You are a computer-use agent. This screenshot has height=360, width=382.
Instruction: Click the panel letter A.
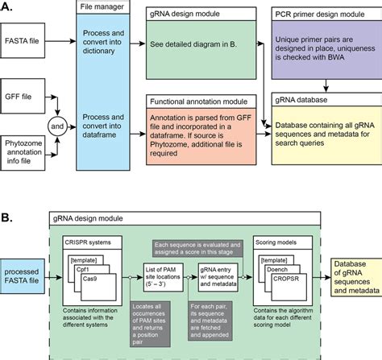click(9, 7)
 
